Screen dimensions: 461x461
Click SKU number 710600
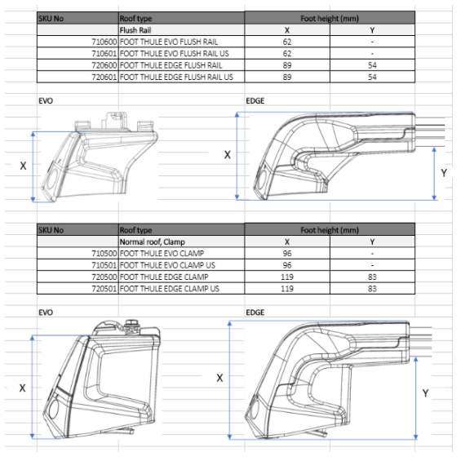(x=104, y=42)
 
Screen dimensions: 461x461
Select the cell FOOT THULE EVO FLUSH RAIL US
(x=174, y=54)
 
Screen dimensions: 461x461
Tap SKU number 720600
(x=104, y=65)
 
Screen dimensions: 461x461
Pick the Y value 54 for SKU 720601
(x=372, y=77)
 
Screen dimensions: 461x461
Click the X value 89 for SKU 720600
(x=287, y=65)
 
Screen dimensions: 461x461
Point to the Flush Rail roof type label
(x=135, y=30)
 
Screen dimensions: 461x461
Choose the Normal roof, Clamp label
(x=153, y=242)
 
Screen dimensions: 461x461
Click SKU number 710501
(x=104, y=265)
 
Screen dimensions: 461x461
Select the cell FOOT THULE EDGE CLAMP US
(x=170, y=289)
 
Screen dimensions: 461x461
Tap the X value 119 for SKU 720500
(x=287, y=277)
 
